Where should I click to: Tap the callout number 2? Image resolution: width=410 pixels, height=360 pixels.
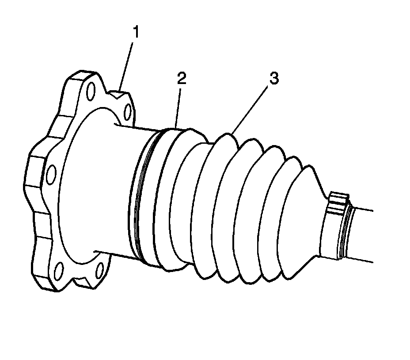[181, 79]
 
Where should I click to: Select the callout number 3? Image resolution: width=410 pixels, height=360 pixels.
[274, 79]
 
